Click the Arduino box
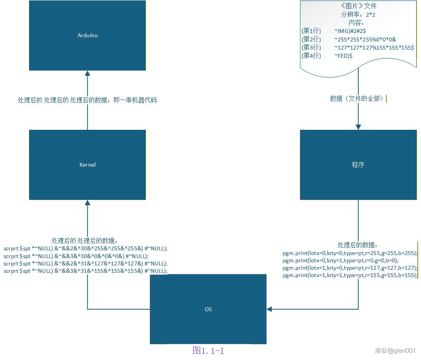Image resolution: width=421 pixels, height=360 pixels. pos(87,35)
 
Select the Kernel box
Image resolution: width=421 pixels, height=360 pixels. pos(87,165)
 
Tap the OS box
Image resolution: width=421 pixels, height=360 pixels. pos(208,309)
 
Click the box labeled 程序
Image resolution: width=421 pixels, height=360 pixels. pos(358,165)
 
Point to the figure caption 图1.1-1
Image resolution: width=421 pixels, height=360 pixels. pos(208,351)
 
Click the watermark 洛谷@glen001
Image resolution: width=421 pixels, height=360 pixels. pos(395,351)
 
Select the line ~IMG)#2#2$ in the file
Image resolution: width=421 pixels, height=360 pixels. pos(350,31)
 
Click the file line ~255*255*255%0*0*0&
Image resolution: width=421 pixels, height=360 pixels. pos(365,39)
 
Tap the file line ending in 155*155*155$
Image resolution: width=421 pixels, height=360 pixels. pos(374,48)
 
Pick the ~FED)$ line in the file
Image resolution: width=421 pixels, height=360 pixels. pos(343,56)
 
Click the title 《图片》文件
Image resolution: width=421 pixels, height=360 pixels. pos(358,6)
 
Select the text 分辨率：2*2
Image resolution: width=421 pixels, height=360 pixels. pos(358,14)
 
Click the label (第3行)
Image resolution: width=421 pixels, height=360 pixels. pos(311,48)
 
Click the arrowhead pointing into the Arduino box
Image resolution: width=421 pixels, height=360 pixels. pos(87,73)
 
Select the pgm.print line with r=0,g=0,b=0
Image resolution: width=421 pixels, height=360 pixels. pos(340,260)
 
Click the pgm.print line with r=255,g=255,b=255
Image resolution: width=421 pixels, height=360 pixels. pos(350,253)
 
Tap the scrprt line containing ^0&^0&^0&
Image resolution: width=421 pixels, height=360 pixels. pos(76,256)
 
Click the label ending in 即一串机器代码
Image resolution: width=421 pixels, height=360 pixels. pos(87,100)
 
